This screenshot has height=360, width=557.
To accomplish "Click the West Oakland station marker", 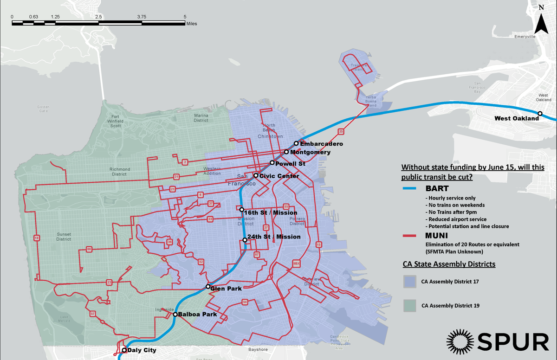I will coord(540,113).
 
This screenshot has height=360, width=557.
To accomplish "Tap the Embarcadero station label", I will coord(321,144).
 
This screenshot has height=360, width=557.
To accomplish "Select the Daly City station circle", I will coord(124,350).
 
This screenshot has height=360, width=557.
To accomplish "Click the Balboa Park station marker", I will coord(175,315).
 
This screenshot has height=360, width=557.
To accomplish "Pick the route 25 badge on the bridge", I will coord(341,132).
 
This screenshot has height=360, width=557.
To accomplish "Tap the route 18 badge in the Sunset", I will coord(37,238).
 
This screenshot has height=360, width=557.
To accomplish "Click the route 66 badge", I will coord(89,249).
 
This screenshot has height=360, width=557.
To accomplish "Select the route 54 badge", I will coord(245,302).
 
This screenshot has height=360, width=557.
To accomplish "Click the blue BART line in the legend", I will coord(411,189).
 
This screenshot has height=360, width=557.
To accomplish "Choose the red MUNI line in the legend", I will coord(411,236).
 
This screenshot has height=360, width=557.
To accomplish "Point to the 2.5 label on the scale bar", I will coord(98,17).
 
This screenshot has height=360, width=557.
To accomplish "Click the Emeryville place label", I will coord(525,36).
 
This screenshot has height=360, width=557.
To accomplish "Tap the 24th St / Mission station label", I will coord(274,237).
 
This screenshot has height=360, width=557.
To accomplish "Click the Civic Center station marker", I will coord(256,175).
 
